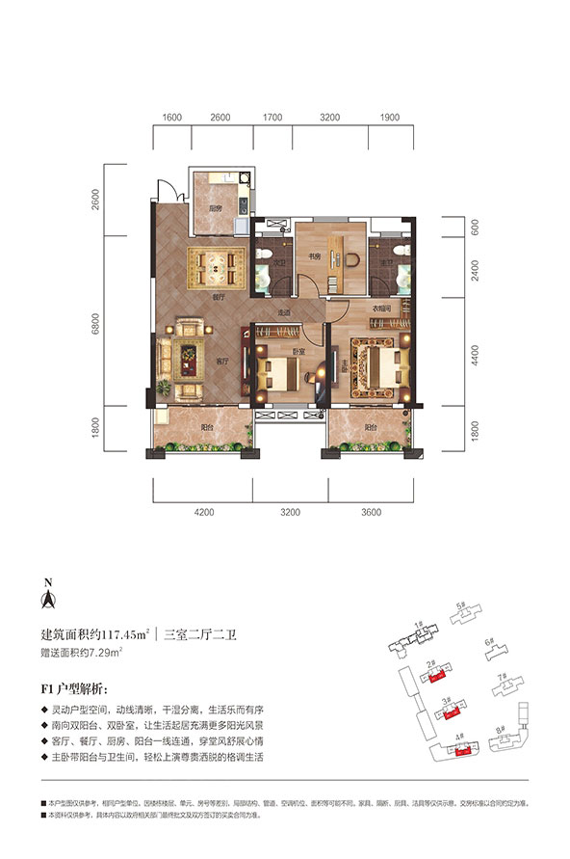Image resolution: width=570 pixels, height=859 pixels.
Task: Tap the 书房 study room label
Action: coord(314,256)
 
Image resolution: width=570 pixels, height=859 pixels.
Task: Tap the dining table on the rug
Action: coord(217,261)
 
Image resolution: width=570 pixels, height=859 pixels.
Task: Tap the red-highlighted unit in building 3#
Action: coord(447,715)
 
